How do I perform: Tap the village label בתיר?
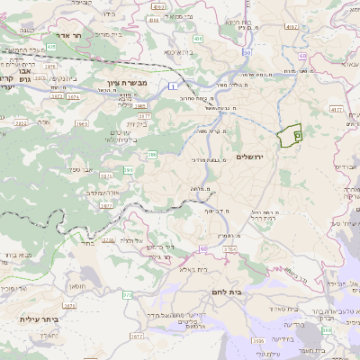[x=87, y=242]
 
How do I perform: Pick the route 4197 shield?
[x=290, y=28]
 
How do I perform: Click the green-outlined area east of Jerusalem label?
[x=290, y=134]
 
